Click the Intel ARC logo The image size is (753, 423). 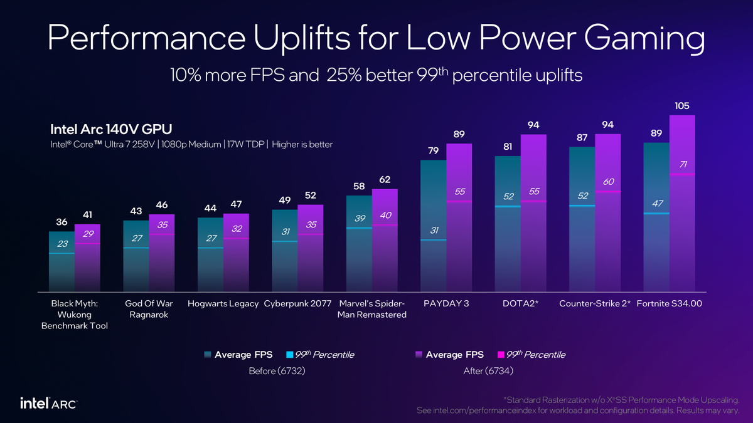(49, 402)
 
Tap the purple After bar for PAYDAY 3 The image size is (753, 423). (459, 238)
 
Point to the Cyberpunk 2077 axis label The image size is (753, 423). (298, 304)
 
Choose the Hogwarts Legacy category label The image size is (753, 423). (223, 304)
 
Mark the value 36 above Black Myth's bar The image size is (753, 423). (61, 222)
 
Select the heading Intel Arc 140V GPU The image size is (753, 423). (111, 129)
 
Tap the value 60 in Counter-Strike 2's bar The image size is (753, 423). (607, 182)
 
